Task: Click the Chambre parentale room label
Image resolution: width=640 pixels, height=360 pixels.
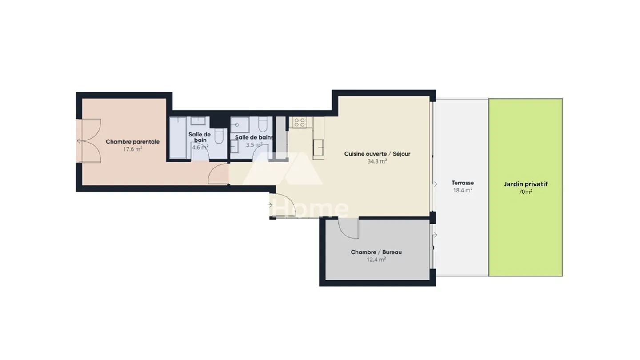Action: (132, 142)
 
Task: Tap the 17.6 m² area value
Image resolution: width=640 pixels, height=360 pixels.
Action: (132, 149)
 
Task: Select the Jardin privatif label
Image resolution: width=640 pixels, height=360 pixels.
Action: (525, 184)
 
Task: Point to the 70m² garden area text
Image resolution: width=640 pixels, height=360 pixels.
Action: (525, 192)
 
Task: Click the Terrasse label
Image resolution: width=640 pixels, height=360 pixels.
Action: (462, 183)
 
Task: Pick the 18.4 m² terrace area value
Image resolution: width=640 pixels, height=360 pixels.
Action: (462, 190)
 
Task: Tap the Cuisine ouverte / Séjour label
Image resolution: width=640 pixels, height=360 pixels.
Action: (377, 154)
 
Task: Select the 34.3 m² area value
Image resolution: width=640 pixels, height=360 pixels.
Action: (377, 161)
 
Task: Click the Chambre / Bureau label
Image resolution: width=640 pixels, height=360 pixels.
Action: (376, 252)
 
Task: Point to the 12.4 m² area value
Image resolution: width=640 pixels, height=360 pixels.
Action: (376, 260)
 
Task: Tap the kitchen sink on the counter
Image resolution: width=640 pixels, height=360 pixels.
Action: (318, 147)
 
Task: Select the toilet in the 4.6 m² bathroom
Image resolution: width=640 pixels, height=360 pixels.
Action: (219, 136)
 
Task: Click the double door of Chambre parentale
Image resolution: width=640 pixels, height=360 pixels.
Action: (91, 141)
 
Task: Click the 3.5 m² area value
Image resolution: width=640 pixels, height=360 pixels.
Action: (254, 144)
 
